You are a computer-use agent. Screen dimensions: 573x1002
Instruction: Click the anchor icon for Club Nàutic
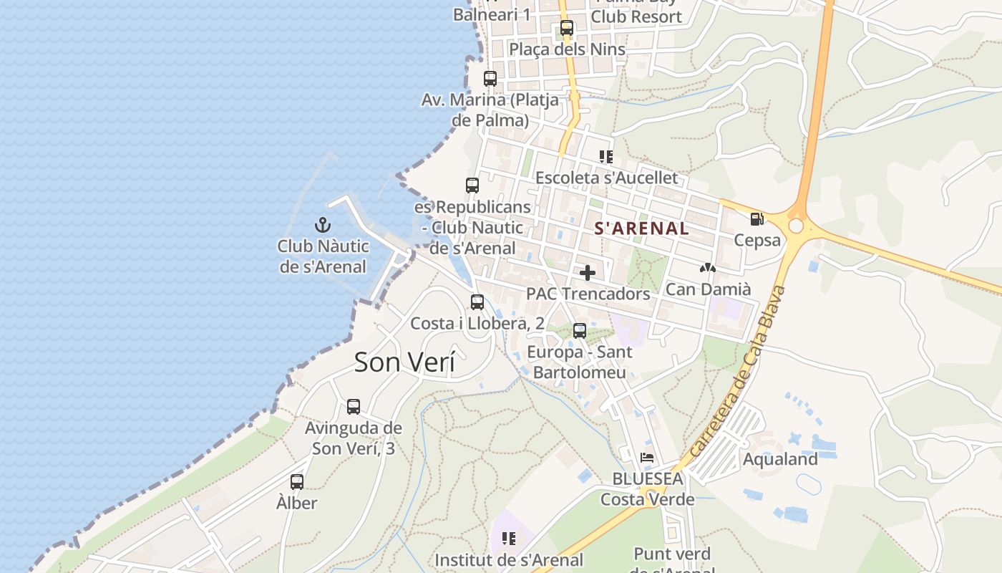[323, 225]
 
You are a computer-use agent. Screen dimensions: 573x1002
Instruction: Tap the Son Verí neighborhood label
[404, 362]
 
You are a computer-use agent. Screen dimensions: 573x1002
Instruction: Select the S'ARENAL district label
[642, 228]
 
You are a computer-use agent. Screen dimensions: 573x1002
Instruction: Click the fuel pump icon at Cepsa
[757, 219]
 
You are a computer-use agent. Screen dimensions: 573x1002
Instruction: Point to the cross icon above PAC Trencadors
[588, 273]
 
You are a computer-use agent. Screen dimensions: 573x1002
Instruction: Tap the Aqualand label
[780, 459]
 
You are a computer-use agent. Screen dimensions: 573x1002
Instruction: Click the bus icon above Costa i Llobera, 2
[477, 302]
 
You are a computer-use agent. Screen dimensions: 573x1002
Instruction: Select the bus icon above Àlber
[297, 482]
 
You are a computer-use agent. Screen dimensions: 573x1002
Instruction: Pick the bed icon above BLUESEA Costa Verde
[647, 458]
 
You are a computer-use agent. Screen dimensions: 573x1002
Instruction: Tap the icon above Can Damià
[708, 268]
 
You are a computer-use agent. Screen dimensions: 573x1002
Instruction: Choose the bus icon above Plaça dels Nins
[567, 29]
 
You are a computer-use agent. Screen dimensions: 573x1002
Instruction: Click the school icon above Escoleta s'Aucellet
[606, 156]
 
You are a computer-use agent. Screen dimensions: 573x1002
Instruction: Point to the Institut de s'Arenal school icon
[509, 539]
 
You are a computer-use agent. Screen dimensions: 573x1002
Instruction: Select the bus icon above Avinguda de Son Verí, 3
[354, 407]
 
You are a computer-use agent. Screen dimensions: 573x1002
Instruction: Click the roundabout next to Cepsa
[796, 226]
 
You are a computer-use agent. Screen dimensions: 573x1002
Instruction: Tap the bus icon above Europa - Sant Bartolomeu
[580, 331]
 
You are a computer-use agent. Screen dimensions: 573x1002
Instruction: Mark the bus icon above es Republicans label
[472, 186]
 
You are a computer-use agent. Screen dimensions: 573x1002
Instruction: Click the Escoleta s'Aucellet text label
[606, 177]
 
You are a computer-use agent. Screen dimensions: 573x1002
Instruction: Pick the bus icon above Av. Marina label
[490, 79]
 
